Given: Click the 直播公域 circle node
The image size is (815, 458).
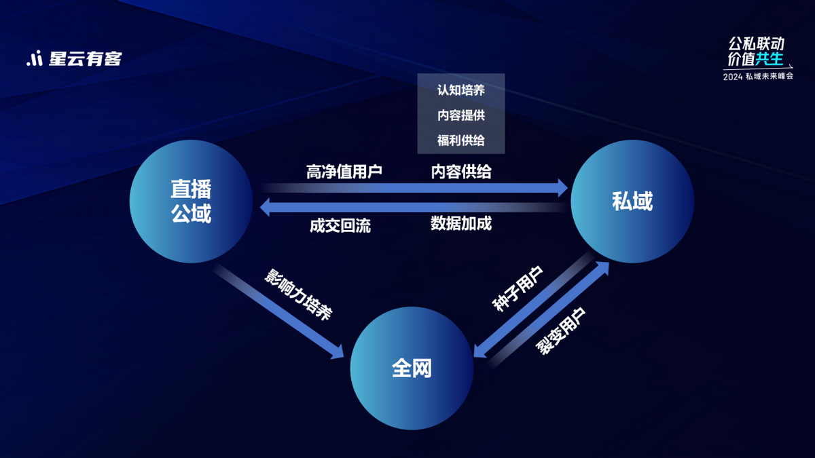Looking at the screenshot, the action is [191, 202].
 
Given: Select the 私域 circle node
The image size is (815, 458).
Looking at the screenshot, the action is [632, 202].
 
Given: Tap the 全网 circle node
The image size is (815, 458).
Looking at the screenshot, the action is [412, 368].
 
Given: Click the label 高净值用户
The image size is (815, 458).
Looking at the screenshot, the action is [344, 172].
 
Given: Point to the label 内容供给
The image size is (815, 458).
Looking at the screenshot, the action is [461, 172].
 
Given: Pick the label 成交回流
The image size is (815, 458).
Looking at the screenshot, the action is [340, 226].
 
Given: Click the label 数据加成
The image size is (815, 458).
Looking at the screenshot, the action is [461, 223].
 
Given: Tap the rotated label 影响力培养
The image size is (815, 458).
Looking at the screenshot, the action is [298, 294].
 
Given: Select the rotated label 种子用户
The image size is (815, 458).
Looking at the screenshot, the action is [518, 289].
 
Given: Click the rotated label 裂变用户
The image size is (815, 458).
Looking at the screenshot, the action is [560, 331].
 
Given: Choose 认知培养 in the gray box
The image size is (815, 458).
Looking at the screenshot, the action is [461, 90].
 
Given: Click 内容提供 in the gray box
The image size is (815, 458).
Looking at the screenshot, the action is [461, 115].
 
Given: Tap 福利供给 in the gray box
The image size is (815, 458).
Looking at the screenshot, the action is [461, 140].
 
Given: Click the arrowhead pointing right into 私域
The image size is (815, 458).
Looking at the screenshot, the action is [562, 188].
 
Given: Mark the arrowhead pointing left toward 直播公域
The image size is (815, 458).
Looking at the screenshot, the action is [265, 207].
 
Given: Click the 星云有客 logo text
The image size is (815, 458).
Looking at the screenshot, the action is [86, 59].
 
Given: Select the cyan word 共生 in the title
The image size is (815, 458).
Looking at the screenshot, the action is [769, 59].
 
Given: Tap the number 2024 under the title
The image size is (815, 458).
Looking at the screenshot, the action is [733, 77].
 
